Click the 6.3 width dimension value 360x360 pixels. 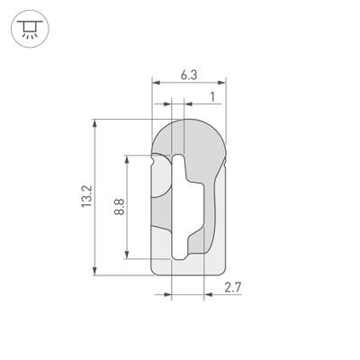[x=189, y=76]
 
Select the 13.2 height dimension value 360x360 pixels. [x=86, y=196]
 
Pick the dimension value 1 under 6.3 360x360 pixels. [x=211, y=96]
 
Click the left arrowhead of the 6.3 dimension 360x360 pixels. [x=154, y=85]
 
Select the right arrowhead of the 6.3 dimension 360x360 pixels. [x=223, y=85]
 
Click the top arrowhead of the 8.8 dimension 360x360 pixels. [x=128, y=157]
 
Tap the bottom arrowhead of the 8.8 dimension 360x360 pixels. [x=128, y=253]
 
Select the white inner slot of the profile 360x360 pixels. [x=183, y=207]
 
